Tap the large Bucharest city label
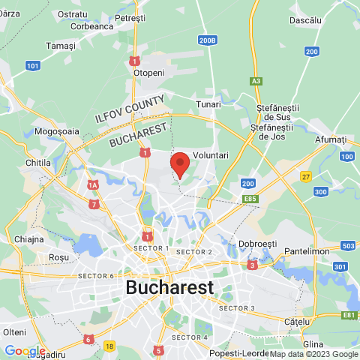pos(169,287)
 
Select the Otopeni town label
pos(148,73)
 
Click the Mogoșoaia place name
pos(57,130)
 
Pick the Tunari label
pos(208,104)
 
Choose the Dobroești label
pos(258,244)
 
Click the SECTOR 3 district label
pos(237,308)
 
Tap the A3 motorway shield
pos(256,80)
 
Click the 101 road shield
pos(32,66)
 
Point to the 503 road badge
pos(347,246)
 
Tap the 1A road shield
pos(93,184)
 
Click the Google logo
pos(24,350)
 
